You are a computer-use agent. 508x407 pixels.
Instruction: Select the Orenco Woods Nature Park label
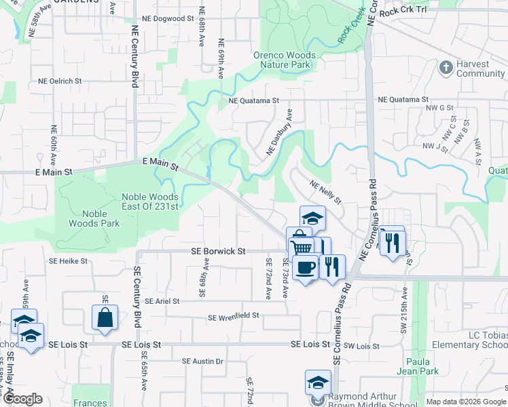(285, 60)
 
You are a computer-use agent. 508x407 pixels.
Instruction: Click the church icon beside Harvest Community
(446, 67)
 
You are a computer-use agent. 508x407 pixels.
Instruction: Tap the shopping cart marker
(302, 246)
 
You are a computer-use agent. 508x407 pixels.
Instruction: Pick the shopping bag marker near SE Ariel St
(105, 317)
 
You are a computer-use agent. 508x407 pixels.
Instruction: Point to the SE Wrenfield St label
(234, 316)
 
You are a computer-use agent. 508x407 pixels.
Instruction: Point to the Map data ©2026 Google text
(465, 402)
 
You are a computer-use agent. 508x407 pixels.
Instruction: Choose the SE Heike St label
(68, 260)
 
